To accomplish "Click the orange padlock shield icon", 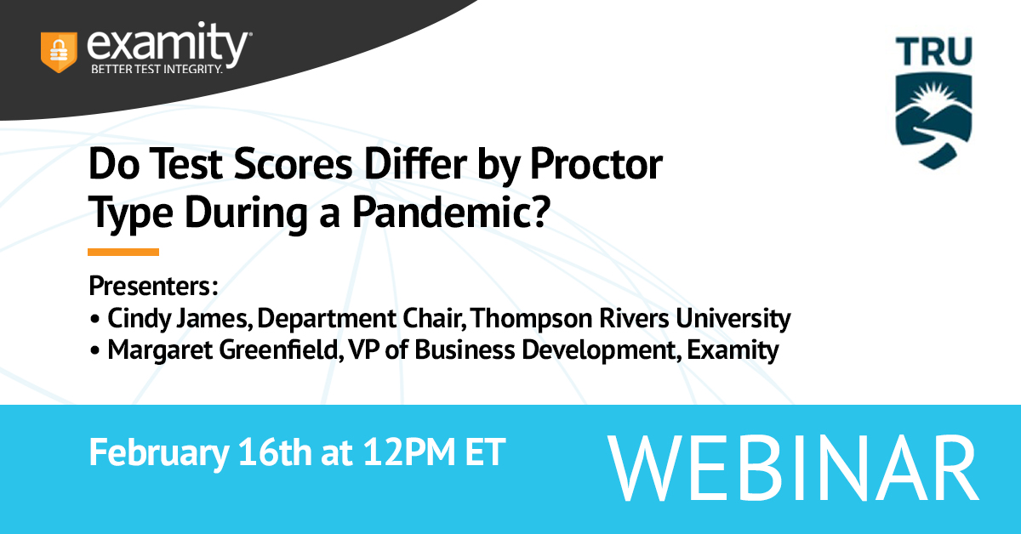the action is (x=59, y=52).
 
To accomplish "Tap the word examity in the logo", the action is (x=167, y=43).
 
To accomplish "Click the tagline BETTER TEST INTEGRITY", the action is (x=157, y=69).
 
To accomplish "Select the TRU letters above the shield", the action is (x=934, y=51).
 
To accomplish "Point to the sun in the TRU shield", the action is (x=934, y=96).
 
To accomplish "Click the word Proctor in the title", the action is (x=596, y=164).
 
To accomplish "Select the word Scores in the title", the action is (x=293, y=164).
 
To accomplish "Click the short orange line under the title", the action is (x=123, y=252).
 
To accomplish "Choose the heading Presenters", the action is (x=153, y=287).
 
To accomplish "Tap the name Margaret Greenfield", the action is (x=223, y=350).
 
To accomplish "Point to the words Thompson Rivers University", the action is (x=630, y=318).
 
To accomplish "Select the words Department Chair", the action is (x=360, y=318).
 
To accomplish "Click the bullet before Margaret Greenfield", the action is (x=94, y=351).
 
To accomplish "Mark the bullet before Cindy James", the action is (x=94, y=319).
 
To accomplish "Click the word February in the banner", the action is (x=158, y=452).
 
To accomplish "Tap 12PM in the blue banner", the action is (x=409, y=452).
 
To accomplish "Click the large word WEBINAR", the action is (x=793, y=468).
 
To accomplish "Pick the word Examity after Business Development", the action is (x=733, y=350).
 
